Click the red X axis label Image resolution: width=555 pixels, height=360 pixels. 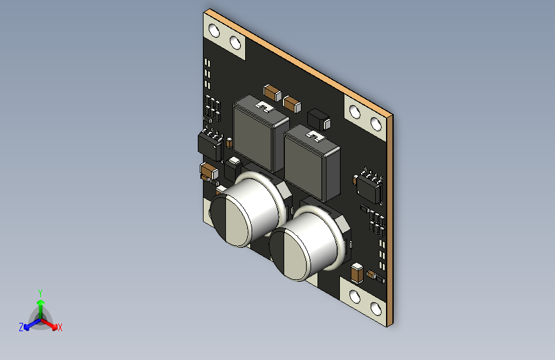60,327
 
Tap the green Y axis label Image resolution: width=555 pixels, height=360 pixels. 40,293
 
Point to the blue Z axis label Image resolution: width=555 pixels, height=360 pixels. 21,327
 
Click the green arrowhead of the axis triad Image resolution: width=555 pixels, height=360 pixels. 41,302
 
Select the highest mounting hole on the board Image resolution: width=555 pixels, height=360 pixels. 214,31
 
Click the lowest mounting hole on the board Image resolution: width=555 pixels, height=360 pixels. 376,309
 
